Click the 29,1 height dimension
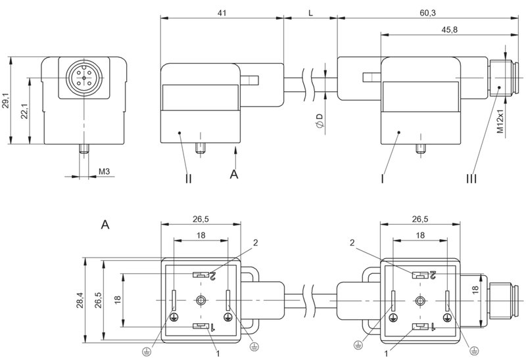[x=6, y=100]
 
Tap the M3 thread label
[x=104, y=172]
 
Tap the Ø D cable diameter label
[x=320, y=120]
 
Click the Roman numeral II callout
[x=189, y=177]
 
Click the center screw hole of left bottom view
[x=200, y=300]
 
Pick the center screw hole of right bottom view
[x=420, y=300]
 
